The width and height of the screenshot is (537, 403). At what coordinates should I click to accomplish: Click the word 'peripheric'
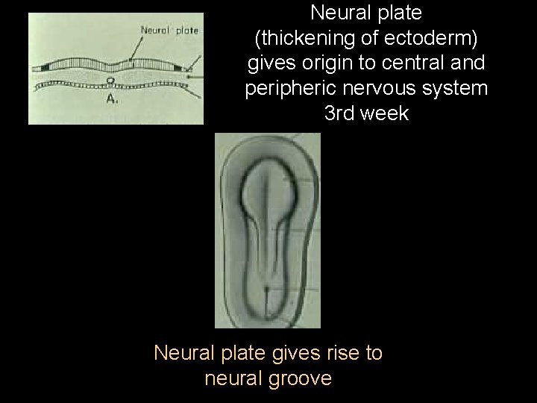click(x=292, y=89)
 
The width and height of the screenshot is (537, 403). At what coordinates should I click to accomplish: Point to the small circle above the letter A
click(x=110, y=81)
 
